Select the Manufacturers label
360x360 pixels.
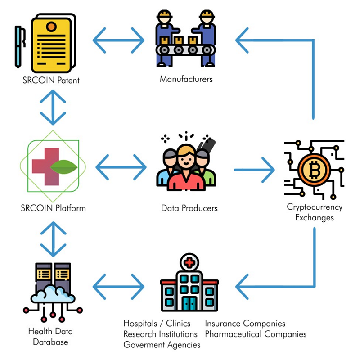coord(186,79)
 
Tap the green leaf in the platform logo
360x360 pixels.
coord(65,168)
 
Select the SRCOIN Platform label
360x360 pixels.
coord(53,208)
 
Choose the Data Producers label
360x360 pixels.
coord(189,208)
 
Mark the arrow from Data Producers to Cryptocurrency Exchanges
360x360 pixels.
coord(254,170)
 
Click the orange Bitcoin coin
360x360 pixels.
coord(315,169)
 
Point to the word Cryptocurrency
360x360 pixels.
coord(315,207)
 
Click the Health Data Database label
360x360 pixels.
coord(50,337)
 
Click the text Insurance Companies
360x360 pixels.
coord(245,324)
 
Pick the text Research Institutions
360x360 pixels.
coord(161,334)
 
